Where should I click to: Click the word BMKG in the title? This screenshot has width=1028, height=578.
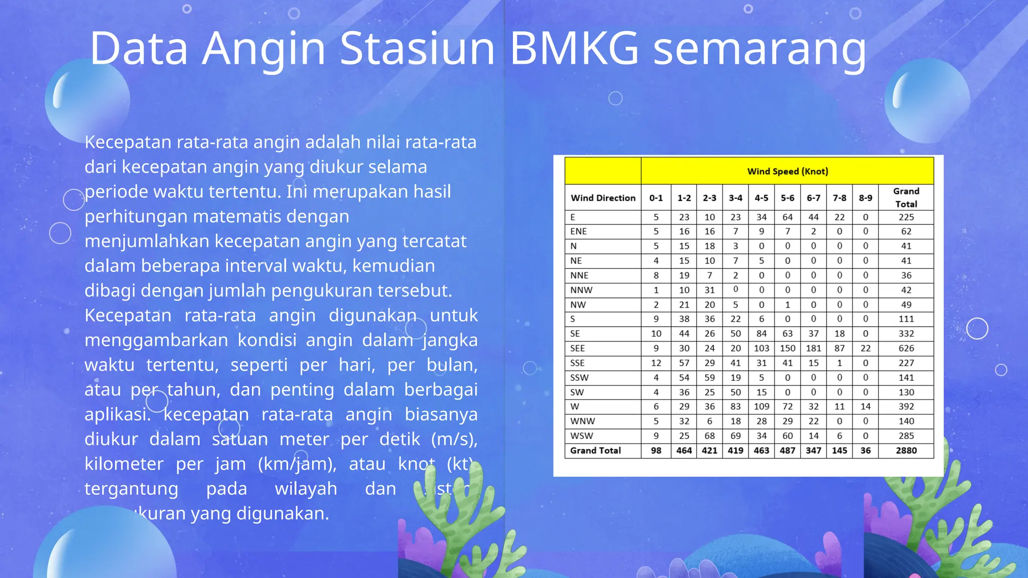click(x=574, y=48)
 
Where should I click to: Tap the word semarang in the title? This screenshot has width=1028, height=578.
click(x=759, y=48)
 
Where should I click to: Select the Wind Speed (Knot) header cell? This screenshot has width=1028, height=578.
click(x=787, y=171)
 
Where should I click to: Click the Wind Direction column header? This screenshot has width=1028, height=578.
click(x=603, y=198)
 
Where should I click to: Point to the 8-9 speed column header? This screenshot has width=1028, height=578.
click(x=865, y=198)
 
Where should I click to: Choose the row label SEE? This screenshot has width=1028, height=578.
click(x=577, y=348)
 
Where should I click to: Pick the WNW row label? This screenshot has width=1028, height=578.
click(x=582, y=421)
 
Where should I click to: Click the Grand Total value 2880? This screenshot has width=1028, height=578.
click(x=906, y=451)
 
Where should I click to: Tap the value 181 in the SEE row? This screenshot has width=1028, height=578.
click(x=813, y=348)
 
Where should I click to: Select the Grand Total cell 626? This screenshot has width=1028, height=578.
click(x=906, y=348)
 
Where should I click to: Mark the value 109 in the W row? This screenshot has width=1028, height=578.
click(x=761, y=406)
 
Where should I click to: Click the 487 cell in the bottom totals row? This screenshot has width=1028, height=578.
click(x=787, y=451)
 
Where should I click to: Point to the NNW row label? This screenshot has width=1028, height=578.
click(x=581, y=290)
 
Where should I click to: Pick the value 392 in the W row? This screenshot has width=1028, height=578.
click(x=906, y=406)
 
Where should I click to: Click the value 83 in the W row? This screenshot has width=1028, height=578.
click(x=735, y=406)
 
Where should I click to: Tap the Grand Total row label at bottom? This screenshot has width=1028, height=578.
click(x=595, y=451)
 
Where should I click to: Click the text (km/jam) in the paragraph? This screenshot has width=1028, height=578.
click(x=297, y=464)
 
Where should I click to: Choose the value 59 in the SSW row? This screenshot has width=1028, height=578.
click(x=709, y=377)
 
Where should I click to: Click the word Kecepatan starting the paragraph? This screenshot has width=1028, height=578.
click(x=128, y=142)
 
